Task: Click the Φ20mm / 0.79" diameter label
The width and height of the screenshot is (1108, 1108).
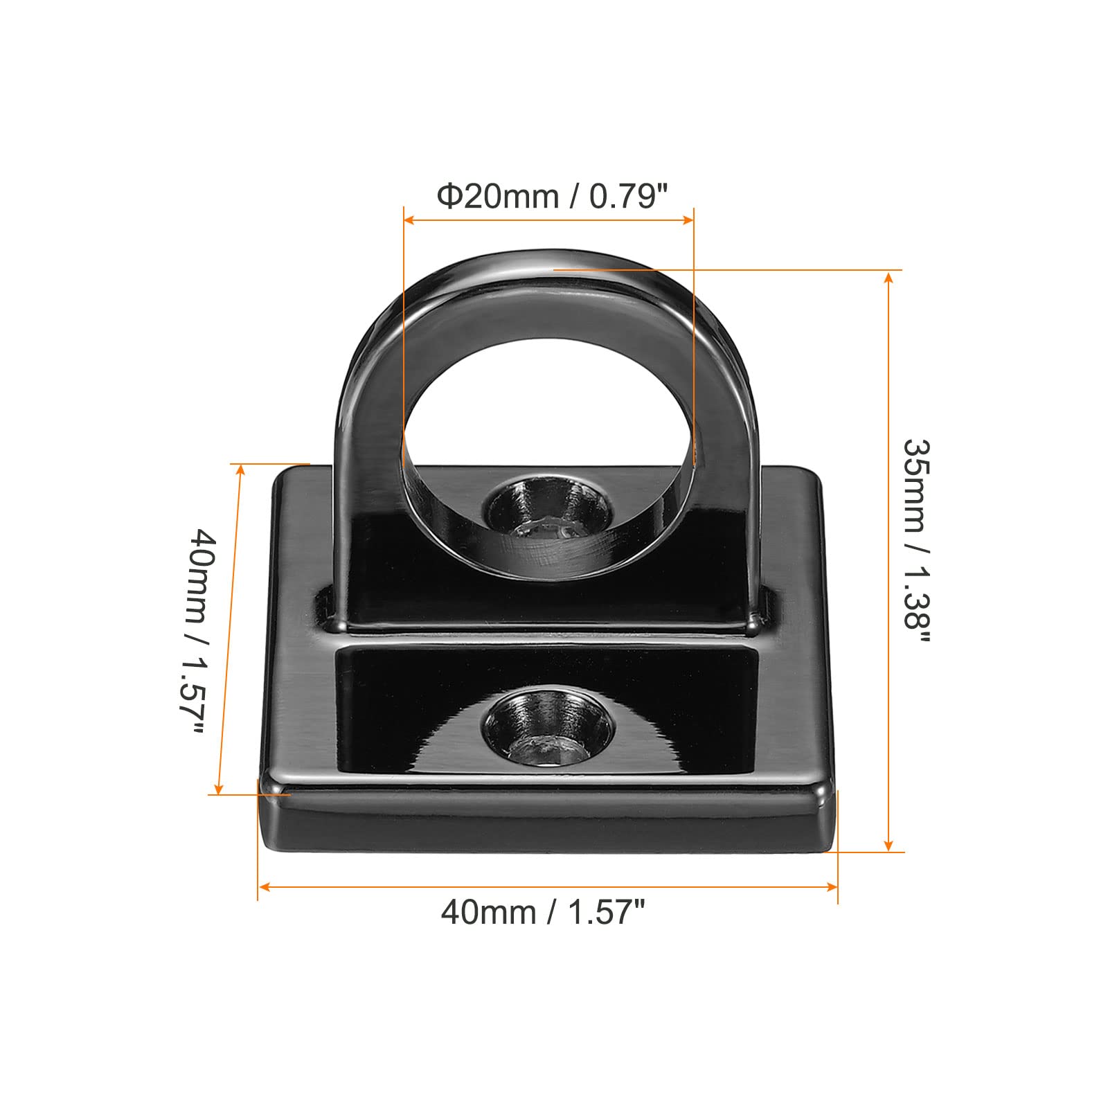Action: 552,197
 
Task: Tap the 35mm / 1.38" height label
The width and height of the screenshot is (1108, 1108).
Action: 917,543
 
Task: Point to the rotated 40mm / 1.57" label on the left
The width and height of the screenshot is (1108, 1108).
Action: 199,633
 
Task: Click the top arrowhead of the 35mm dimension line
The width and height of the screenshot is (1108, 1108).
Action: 889,277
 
